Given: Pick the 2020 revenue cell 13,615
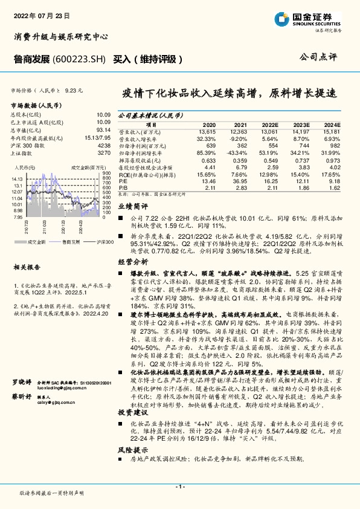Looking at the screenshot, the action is [x=206, y=131].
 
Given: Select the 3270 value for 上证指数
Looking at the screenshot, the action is [x=104, y=154].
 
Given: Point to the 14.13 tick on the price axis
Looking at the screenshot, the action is [x=16, y=179].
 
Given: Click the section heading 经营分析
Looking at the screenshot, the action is [x=132, y=262].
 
